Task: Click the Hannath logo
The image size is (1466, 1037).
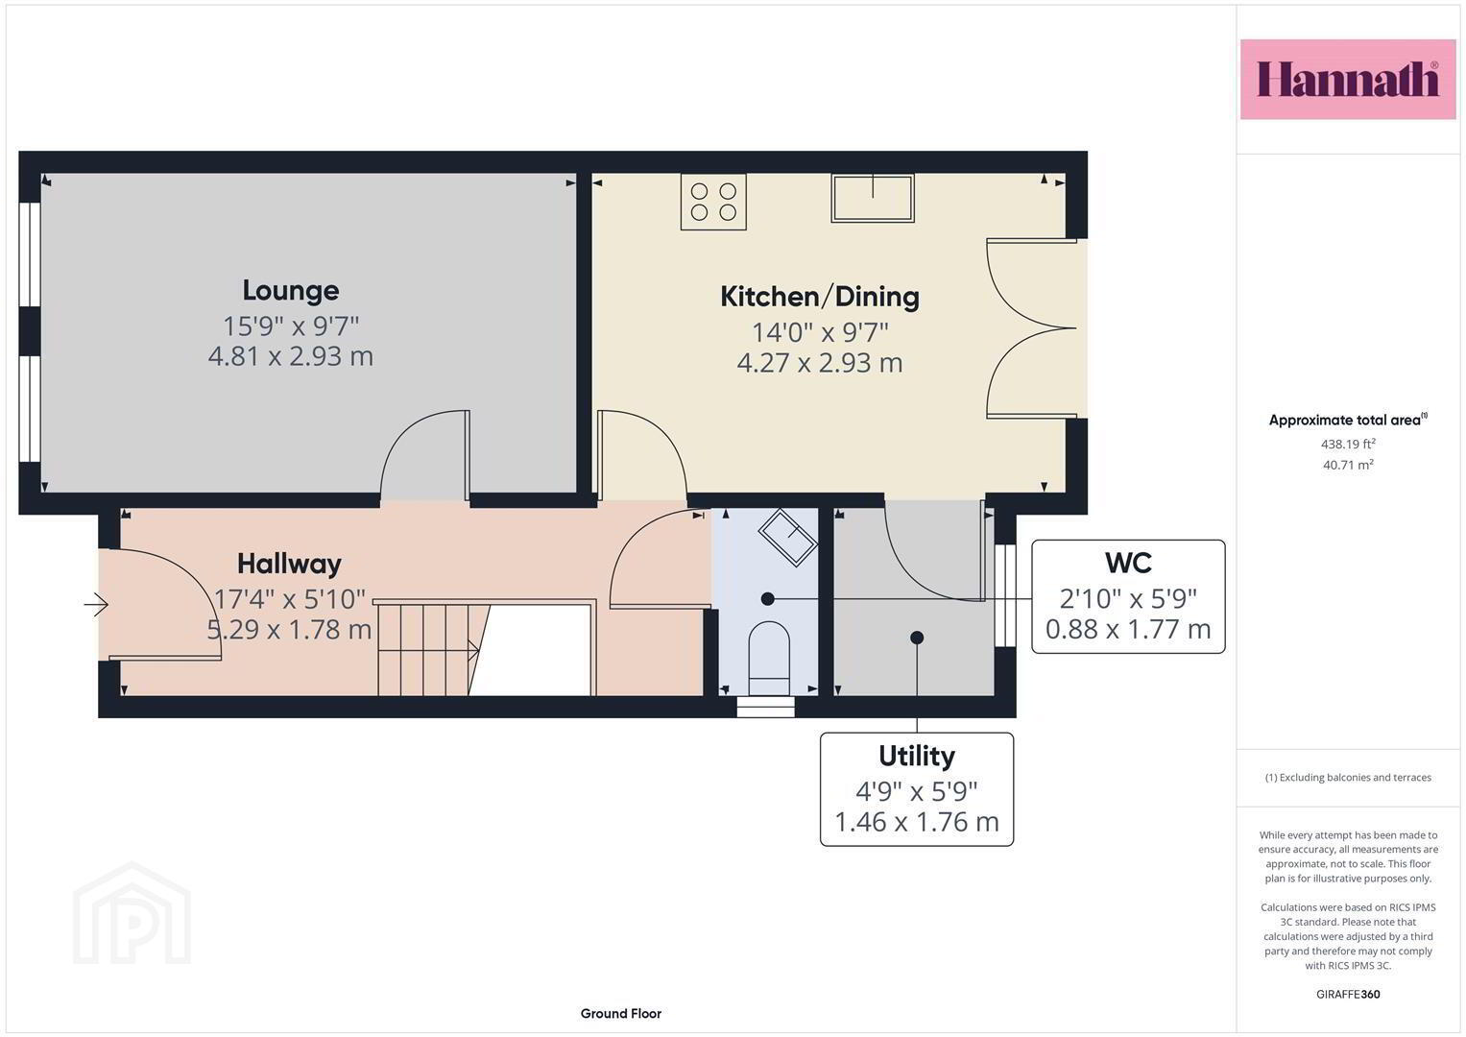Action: pos(1348,79)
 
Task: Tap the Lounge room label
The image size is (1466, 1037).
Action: pos(291,291)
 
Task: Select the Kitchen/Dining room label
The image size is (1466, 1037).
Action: pos(819,297)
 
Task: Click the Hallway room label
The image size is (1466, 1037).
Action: pos(289,564)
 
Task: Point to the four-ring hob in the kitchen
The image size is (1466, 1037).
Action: pos(713,202)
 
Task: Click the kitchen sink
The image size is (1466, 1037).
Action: pos(873,199)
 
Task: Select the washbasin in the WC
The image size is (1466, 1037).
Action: pos(788,537)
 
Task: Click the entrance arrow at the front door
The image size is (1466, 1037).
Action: pos(96,604)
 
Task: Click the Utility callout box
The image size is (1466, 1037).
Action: pos(916,789)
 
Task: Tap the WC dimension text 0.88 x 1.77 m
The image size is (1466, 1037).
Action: pos(1128,629)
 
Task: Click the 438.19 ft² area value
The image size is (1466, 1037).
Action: pos(1348,444)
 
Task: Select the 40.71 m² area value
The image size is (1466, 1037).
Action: pos(1348,465)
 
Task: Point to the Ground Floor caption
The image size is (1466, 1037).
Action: pos(620,1013)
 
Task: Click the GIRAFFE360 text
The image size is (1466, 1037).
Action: pos(1348,994)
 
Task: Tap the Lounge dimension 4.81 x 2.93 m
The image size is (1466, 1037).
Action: pos(291,356)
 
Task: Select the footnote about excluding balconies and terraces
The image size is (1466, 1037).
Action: pos(1348,777)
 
